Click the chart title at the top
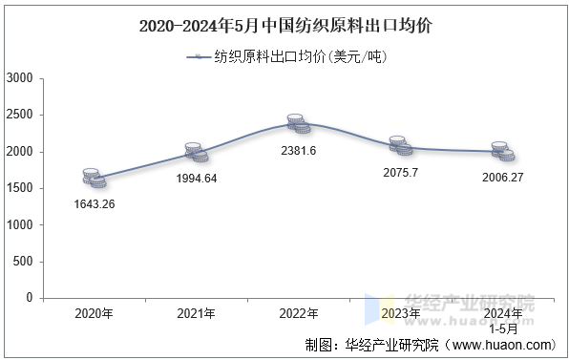284,25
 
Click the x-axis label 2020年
94,313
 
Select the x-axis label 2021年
197,313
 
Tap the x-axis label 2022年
300,313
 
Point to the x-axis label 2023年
402,313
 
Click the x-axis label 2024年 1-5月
504,320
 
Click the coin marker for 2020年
94,177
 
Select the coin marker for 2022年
299,123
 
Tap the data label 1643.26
94,203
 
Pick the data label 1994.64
197,178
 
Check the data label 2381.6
299,150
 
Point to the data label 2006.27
504,178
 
